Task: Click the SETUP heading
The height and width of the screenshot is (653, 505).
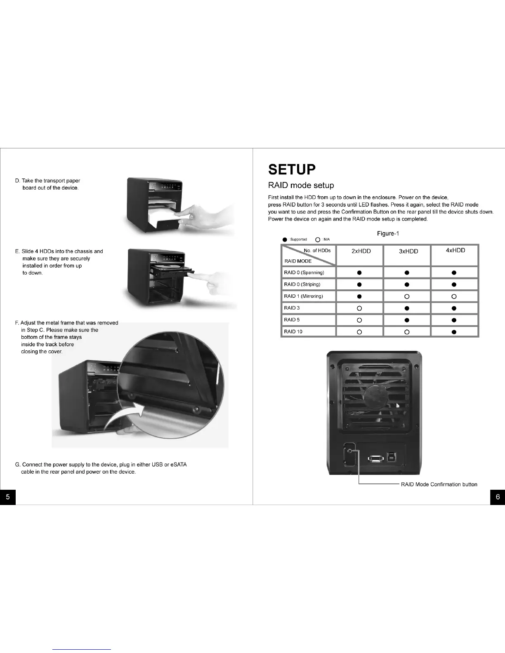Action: pos(292,169)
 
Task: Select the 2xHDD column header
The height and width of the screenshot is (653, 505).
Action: pos(361,251)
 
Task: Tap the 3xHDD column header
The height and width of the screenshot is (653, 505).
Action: pos(408,251)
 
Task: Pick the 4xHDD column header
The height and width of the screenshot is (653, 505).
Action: pos(455,250)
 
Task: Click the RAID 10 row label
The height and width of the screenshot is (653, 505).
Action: pos(293,331)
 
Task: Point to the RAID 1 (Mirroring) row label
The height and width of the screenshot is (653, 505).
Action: pos(303,296)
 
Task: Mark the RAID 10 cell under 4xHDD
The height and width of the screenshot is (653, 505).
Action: pos(454,331)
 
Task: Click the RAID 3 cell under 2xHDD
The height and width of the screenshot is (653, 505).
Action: pos(359,308)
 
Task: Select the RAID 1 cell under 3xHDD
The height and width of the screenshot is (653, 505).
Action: pos(407,296)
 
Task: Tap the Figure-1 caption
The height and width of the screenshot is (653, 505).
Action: pos(388,234)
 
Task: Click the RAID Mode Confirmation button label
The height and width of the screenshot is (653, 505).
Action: pos(439,484)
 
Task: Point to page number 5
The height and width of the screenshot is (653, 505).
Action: pos(7,497)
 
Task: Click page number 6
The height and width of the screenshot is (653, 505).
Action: pos(498,497)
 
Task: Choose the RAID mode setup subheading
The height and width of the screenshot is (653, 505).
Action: pos(301,186)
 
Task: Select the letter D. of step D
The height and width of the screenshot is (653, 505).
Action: pos(17,181)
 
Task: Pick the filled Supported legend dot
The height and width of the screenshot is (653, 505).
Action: pos(285,240)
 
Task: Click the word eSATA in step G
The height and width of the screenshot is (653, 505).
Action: pos(178,465)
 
